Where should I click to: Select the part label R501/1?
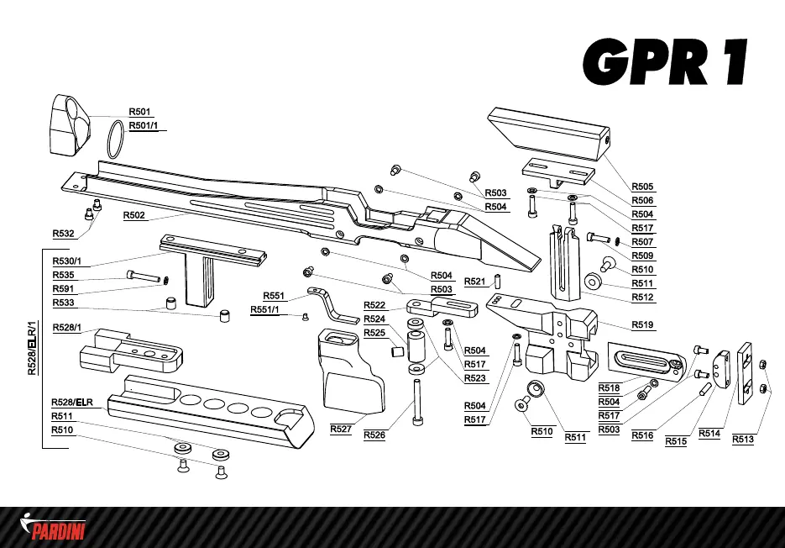pos(147,126)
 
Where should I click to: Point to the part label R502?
pos(134,215)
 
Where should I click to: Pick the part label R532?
pos(64,234)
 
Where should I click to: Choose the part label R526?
pos(374,435)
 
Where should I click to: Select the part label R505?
pos(643,187)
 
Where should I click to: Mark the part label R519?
pos(643,324)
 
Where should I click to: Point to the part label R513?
pos(743,438)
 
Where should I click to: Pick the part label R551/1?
pos(265,310)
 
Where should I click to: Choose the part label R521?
pos(475,281)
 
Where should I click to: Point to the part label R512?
pos(643,298)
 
